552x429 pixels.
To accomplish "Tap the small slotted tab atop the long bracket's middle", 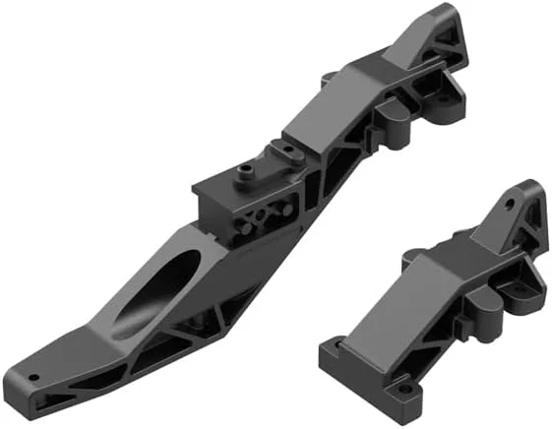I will [x=287, y=150].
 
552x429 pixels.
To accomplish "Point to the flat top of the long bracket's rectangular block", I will [x=221, y=185].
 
